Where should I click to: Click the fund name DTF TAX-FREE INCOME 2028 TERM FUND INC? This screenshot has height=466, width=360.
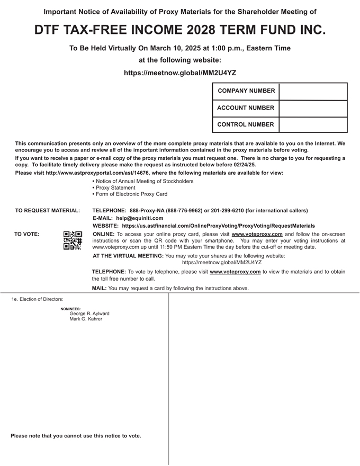180,30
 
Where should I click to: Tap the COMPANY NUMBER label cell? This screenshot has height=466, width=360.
246,91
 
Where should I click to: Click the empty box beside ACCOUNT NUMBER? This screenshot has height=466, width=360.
312,108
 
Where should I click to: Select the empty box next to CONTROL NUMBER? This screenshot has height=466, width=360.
312,125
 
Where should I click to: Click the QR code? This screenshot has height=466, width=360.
73,240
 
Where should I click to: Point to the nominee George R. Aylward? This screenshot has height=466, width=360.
89,313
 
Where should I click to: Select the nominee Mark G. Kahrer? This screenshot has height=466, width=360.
86,319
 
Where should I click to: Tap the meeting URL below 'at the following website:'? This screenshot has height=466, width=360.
180,73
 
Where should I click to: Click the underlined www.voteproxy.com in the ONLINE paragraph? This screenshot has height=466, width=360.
257,234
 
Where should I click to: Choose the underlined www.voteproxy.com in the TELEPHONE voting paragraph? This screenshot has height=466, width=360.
235,272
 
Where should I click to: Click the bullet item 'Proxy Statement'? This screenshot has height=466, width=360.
115,187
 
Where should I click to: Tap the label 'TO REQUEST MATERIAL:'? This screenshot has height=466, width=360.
48,211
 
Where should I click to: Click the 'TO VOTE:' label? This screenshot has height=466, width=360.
26,234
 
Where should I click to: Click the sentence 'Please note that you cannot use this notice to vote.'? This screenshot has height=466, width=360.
76,436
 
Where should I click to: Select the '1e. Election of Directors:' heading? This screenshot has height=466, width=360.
38,299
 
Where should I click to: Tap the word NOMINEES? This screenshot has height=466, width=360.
70,308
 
